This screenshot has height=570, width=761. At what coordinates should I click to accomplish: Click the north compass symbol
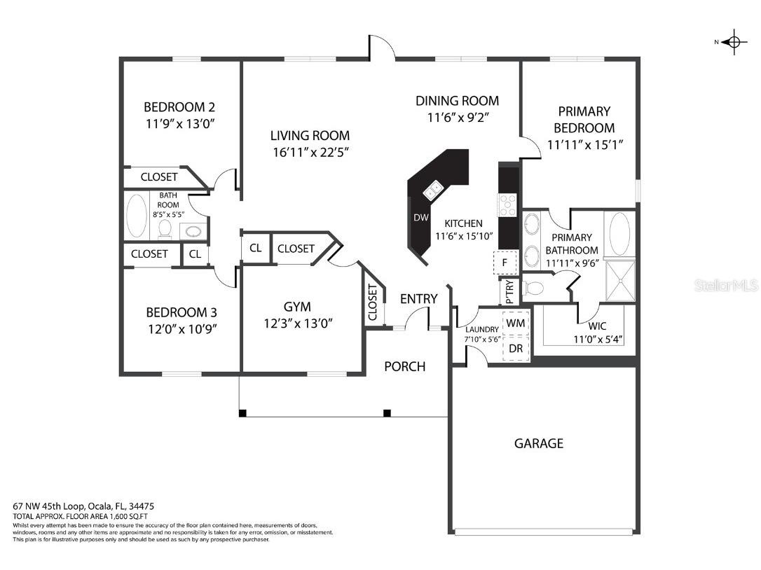pyautogui.click(x=733, y=42)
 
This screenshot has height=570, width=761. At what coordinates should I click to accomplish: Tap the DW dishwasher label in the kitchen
pyautogui.click(x=420, y=218)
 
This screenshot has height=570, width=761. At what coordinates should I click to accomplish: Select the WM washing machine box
pyautogui.click(x=516, y=323)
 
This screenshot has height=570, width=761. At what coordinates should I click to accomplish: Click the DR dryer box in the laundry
pyautogui.click(x=516, y=348)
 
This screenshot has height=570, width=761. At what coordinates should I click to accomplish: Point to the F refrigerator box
pyautogui.click(x=504, y=263)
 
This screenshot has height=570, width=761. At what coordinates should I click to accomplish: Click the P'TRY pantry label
pyautogui.click(x=509, y=290)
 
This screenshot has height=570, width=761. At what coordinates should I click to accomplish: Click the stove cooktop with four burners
pyautogui.click(x=507, y=204)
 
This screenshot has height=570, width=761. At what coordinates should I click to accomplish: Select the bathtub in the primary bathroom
pyautogui.click(x=619, y=234)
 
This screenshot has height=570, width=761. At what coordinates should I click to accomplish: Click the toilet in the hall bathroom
pyautogui.click(x=165, y=228)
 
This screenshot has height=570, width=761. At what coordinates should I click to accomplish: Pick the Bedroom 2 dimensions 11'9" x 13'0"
pyautogui.click(x=179, y=123)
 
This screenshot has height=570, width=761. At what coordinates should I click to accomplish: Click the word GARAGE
pyautogui.click(x=538, y=443)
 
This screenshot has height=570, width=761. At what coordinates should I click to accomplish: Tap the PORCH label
pyautogui.click(x=405, y=366)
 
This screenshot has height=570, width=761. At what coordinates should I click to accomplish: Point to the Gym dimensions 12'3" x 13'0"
pyautogui.click(x=297, y=323)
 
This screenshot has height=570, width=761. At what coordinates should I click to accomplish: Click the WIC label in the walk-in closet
pyautogui.click(x=598, y=326)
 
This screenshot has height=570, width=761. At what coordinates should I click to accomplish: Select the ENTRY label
pyautogui.click(x=418, y=299)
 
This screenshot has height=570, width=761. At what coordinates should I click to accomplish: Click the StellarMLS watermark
pyautogui.click(x=726, y=286)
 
